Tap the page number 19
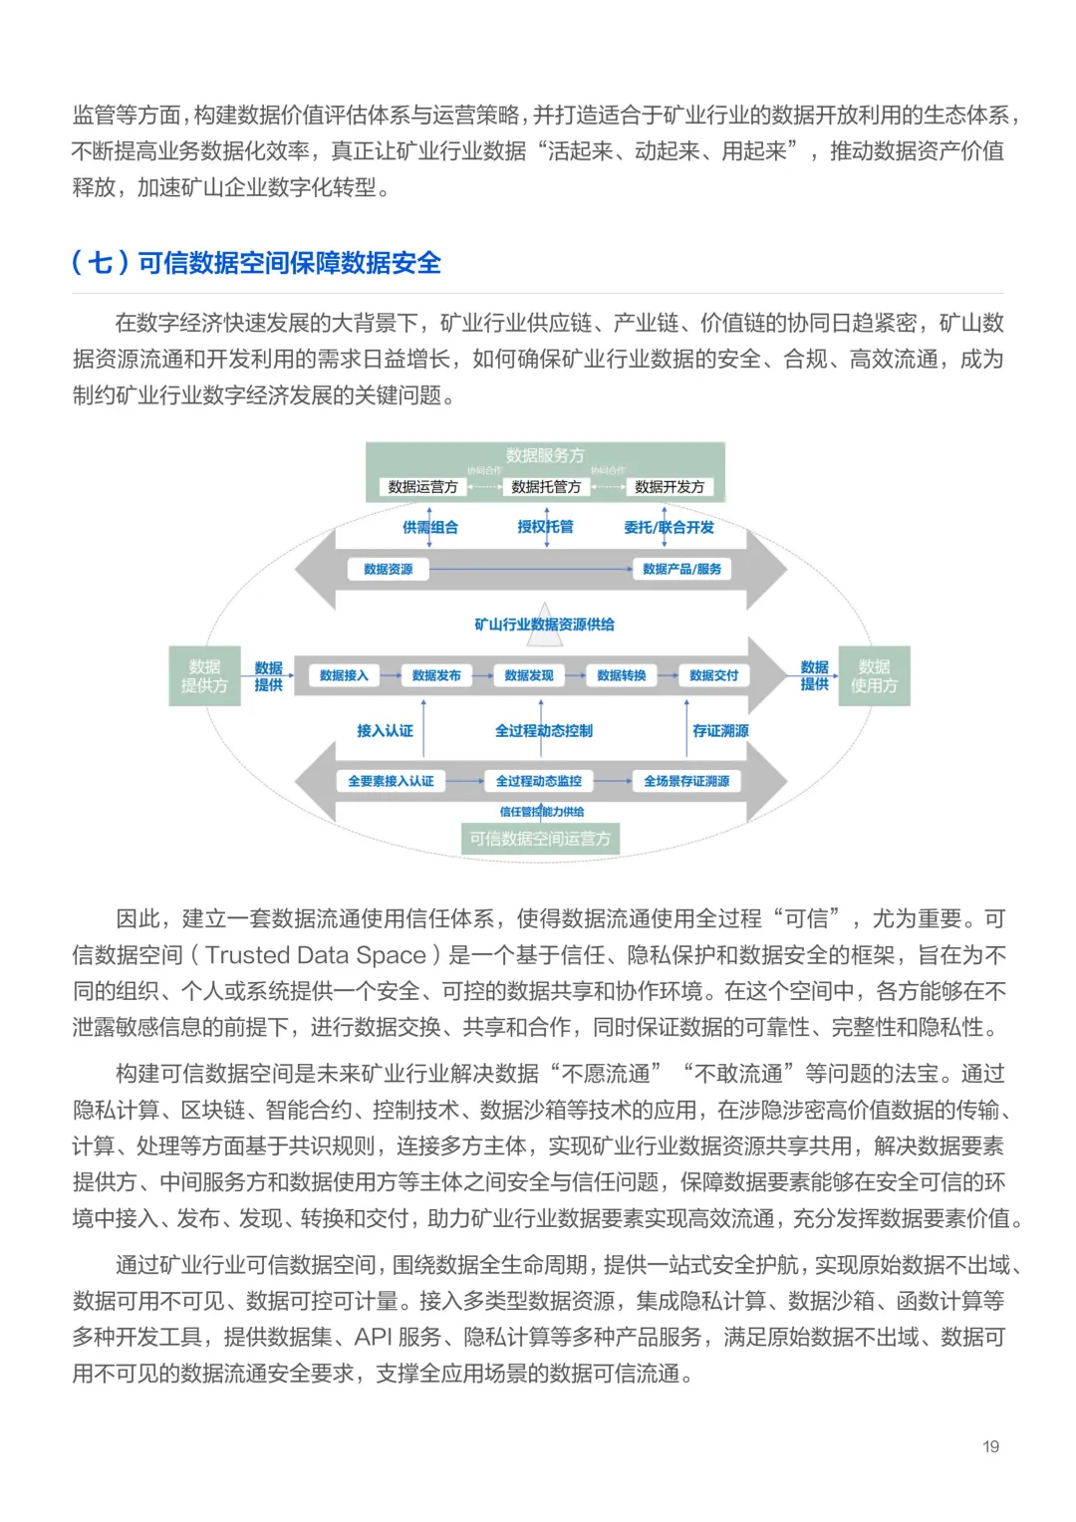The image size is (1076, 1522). click(x=990, y=1446)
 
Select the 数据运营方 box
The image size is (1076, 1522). click(x=422, y=487)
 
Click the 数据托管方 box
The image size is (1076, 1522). click(x=545, y=487)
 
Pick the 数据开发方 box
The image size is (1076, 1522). click(x=669, y=487)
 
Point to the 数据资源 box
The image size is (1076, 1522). click(x=388, y=570)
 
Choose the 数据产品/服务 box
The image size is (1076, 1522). click(x=681, y=570)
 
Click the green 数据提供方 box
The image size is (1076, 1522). click(x=204, y=676)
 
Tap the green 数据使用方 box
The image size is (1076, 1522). click(x=874, y=676)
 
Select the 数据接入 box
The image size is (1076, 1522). click(x=344, y=676)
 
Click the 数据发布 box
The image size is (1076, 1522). click(x=436, y=676)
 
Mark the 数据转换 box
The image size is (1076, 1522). click(x=622, y=676)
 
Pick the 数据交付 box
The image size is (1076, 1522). click(x=713, y=676)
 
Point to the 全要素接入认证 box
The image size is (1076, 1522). click(x=391, y=782)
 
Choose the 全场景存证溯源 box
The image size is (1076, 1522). click(x=686, y=782)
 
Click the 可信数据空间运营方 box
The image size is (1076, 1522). click(x=540, y=839)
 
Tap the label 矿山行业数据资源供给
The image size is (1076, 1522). click(x=544, y=625)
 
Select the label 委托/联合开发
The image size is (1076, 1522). click(x=669, y=528)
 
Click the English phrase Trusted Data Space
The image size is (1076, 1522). click(x=316, y=955)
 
